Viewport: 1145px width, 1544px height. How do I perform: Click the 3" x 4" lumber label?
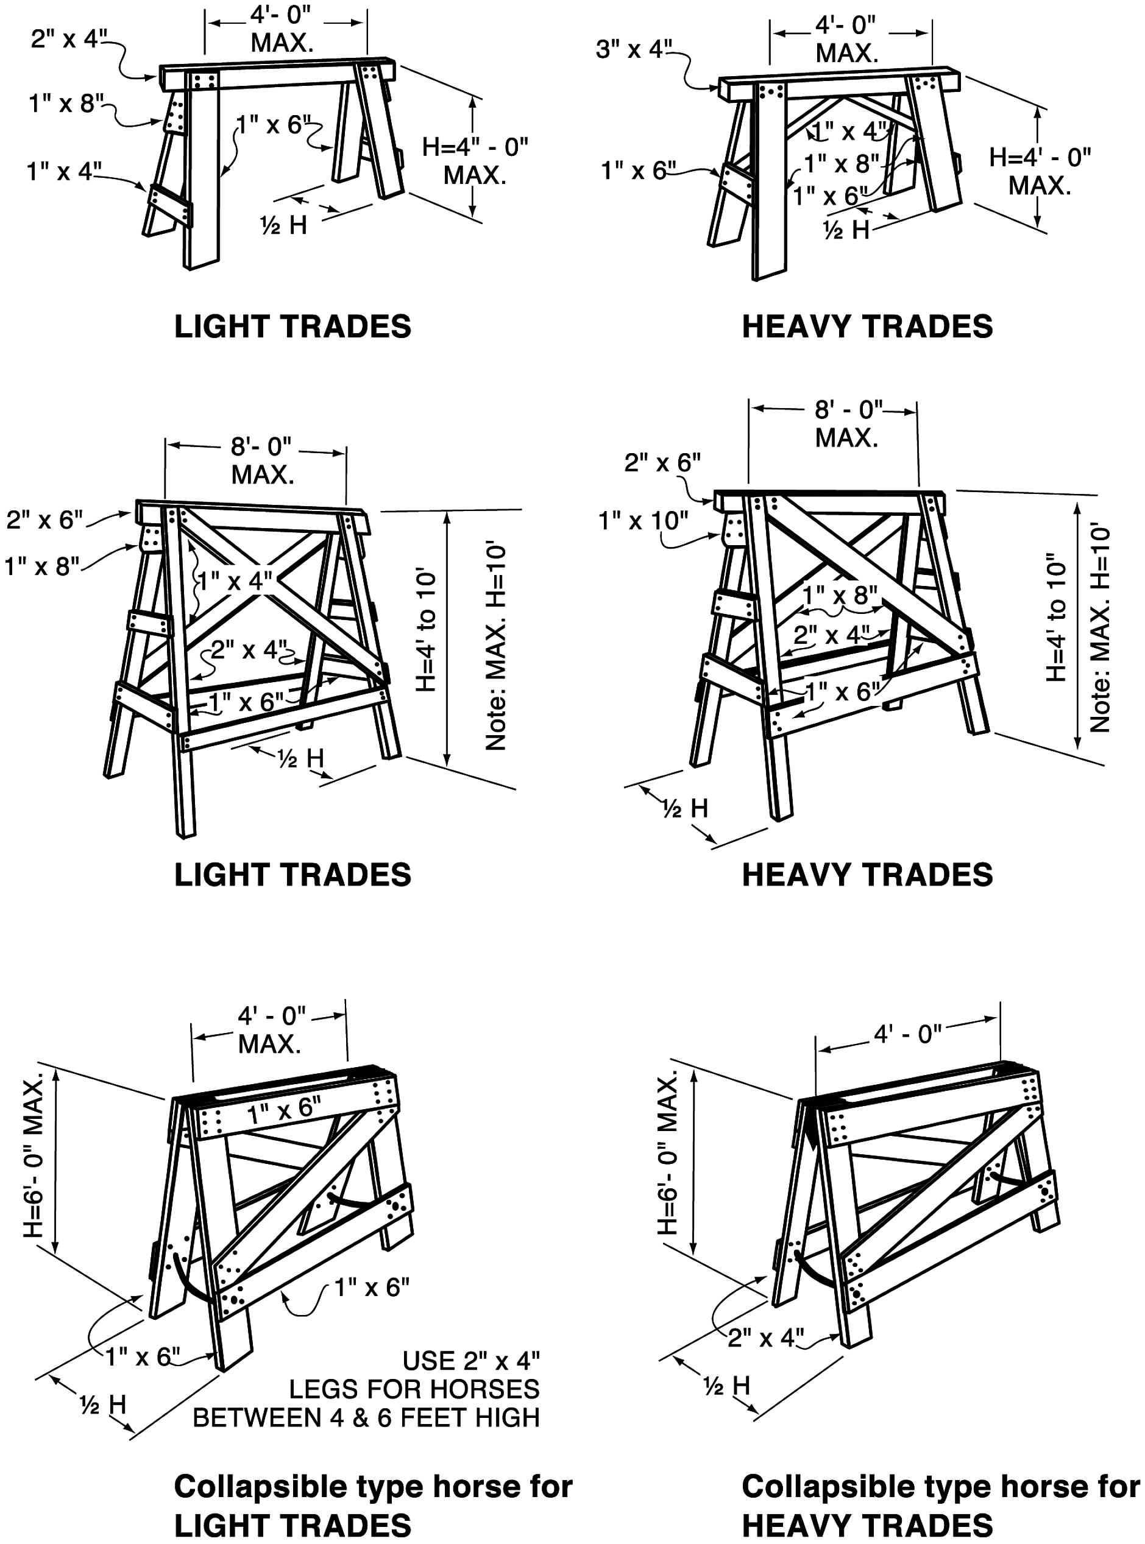tap(634, 49)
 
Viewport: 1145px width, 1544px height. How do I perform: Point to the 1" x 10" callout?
tap(643, 521)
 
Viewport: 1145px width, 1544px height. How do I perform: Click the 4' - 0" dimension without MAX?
tap(907, 1034)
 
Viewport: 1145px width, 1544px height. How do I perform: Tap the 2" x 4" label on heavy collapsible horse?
tap(766, 1338)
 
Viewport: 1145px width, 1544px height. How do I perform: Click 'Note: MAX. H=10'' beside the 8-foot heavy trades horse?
tap(1100, 629)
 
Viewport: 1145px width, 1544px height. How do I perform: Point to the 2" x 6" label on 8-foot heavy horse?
tap(662, 463)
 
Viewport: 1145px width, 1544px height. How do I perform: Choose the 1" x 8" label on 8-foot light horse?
tap(41, 566)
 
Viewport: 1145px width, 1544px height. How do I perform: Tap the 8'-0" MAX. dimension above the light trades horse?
tap(261, 460)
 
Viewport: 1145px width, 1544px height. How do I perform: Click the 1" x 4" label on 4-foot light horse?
tap(64, 171)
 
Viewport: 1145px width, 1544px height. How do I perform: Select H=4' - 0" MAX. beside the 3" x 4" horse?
tap(1040, 171)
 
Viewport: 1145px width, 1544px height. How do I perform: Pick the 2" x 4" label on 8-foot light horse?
tap(248, 650)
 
